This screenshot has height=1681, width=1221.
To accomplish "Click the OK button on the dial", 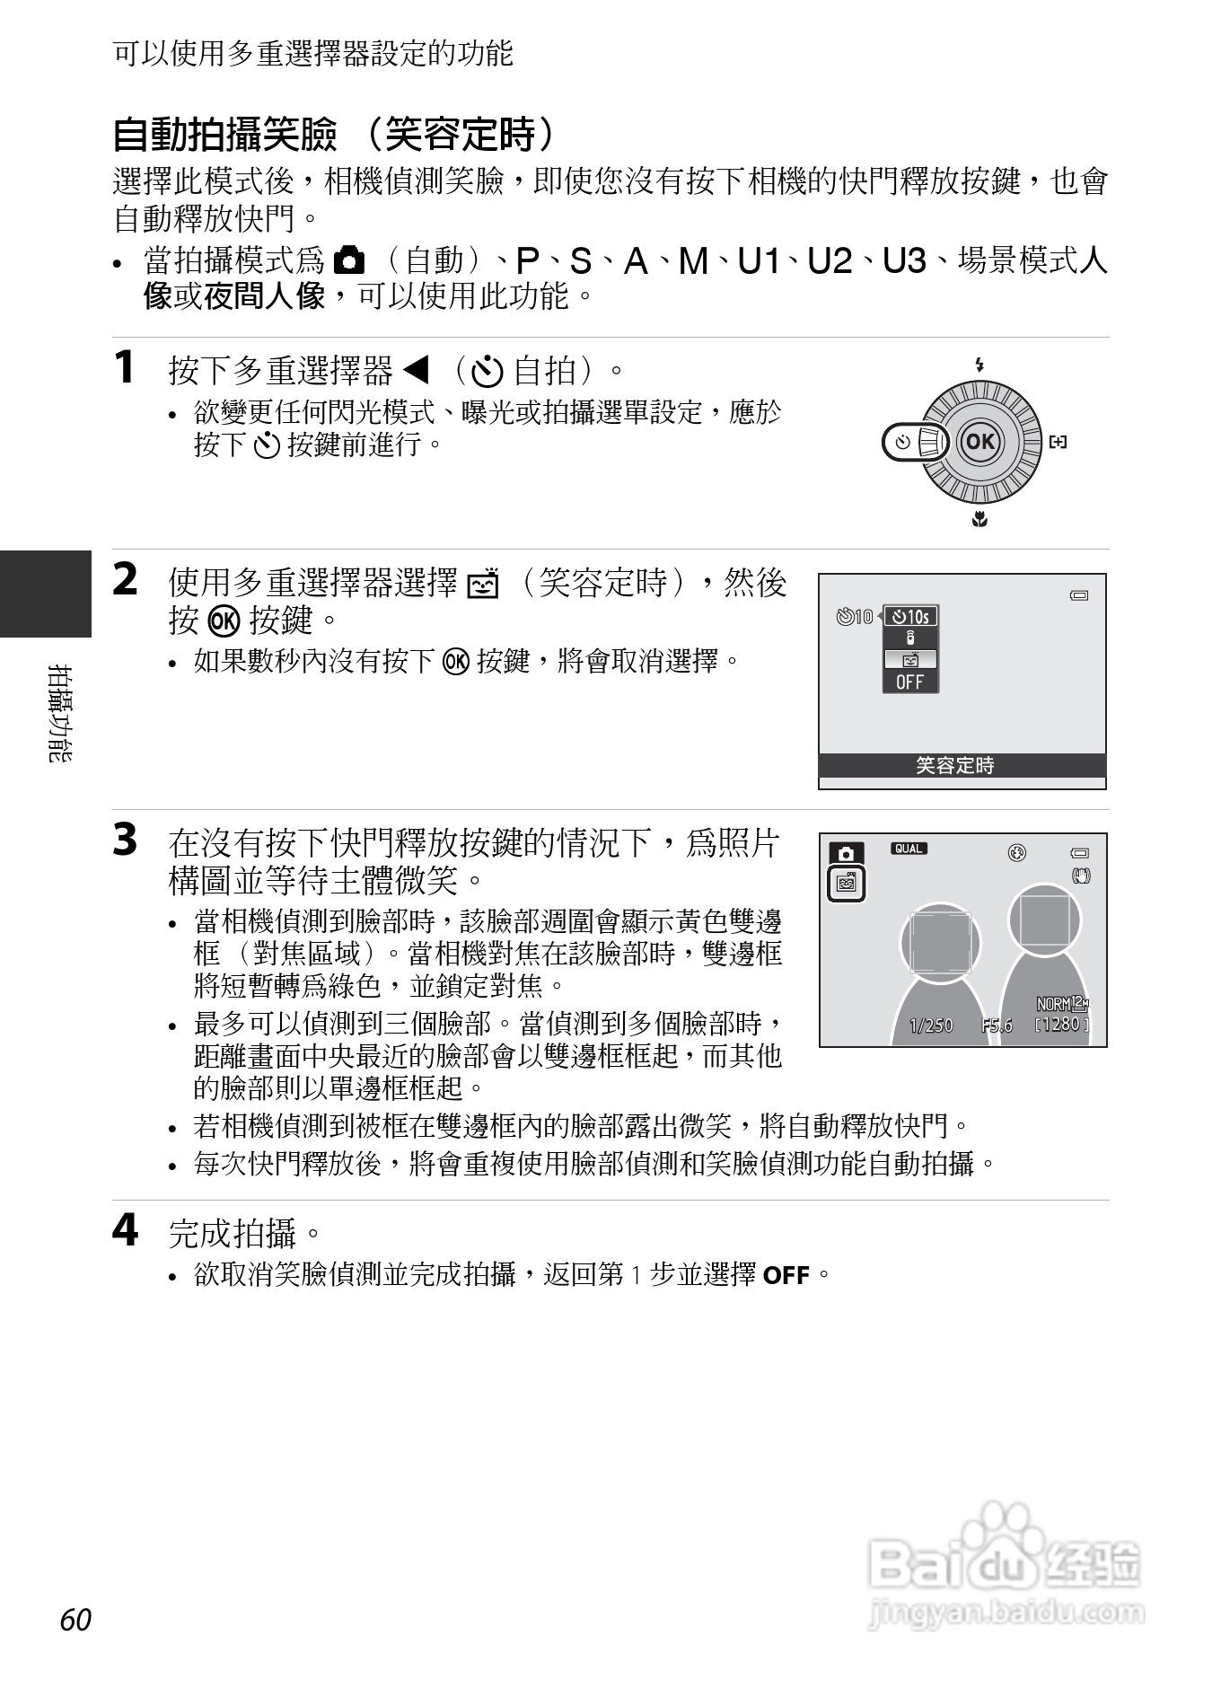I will [979, 441].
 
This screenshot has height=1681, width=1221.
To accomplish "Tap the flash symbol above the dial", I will [979, 365].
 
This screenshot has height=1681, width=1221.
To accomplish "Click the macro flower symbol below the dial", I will [979, 518].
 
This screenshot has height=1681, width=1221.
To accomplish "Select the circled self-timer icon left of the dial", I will [903, 442].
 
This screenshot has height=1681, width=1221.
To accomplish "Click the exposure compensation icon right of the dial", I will [1058, 442].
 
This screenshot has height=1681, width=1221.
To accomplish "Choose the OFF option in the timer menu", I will [909, 682].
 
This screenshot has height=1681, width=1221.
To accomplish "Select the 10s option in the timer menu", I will [910, 616].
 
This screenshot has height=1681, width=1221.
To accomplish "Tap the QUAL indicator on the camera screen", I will [909, 849].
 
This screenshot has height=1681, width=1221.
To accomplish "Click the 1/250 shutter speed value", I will [931, 1025].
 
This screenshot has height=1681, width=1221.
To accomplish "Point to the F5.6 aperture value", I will [997, 1025].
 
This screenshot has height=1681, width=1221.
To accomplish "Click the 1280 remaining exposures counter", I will [1061, 1024].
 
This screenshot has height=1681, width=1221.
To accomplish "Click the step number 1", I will [126, 367].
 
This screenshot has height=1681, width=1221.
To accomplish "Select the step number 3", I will [126, 840].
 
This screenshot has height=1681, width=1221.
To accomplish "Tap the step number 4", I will [126, 1230].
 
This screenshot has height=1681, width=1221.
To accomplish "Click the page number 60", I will [76, 1620].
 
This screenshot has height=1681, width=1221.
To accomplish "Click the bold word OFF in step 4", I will [786, 1275].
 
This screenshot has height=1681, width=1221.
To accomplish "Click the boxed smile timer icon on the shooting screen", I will [846, 885].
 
